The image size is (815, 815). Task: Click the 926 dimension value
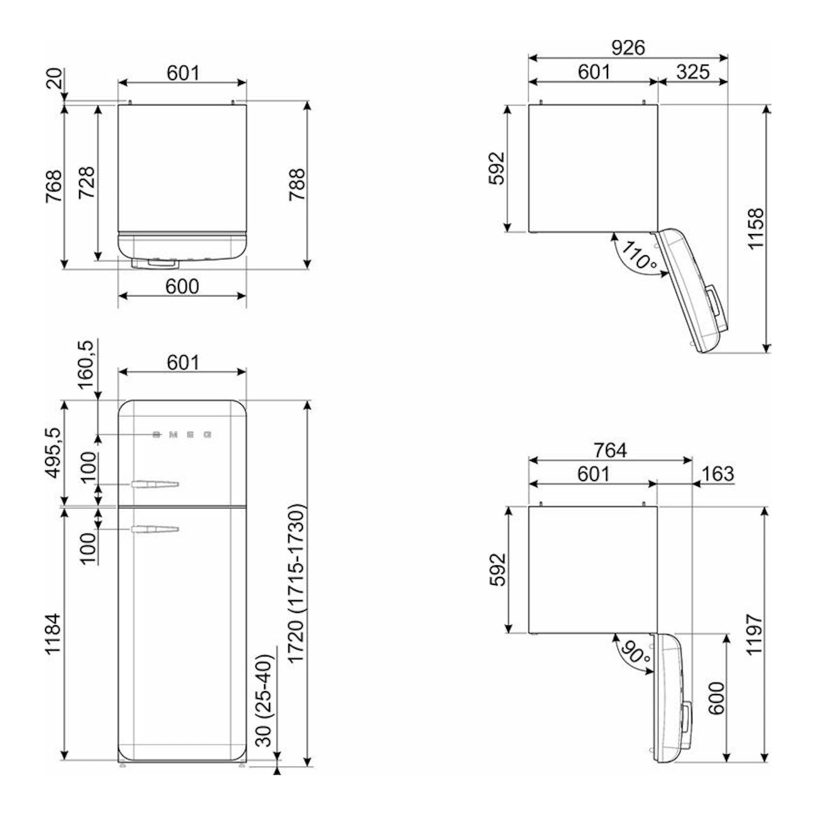point(628,48)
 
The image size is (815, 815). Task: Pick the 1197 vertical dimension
point(755,634)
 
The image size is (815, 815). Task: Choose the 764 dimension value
point(610,450)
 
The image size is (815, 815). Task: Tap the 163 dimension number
point(718,474)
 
